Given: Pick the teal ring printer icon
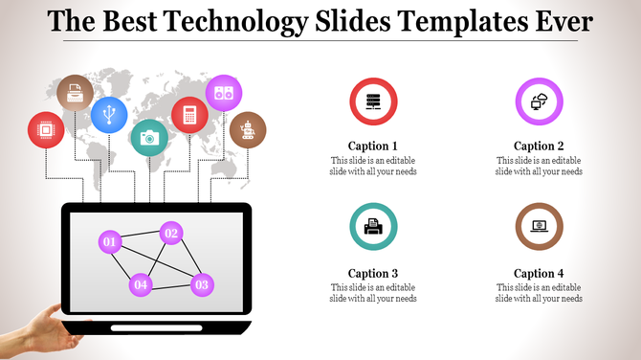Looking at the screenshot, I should [x=373, y=227].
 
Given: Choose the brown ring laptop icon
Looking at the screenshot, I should [x=539, y=227].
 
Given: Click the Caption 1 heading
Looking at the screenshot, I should [x=373, y=146].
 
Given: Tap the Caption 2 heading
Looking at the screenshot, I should [x=539, y=146].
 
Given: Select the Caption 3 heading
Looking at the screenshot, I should [x=373, y=273].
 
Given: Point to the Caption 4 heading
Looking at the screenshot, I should [x=539, y=273].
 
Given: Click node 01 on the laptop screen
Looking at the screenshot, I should [x=110, y=241].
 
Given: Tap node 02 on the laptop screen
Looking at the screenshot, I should [x=170, y=232].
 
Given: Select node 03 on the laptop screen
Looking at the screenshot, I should [x=201, y=283].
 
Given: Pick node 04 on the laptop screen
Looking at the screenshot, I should [x=141, y=283].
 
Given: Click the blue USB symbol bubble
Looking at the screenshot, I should [x=109, y=115].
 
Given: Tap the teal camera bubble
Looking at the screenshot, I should [x=148, y=138].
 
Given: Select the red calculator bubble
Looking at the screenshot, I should [x=189, y=115].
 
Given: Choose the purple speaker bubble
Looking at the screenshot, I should [x=224, y=93].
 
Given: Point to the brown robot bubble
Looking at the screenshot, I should [x=248, y=129].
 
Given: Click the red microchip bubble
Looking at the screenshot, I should [x=46, y=129].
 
